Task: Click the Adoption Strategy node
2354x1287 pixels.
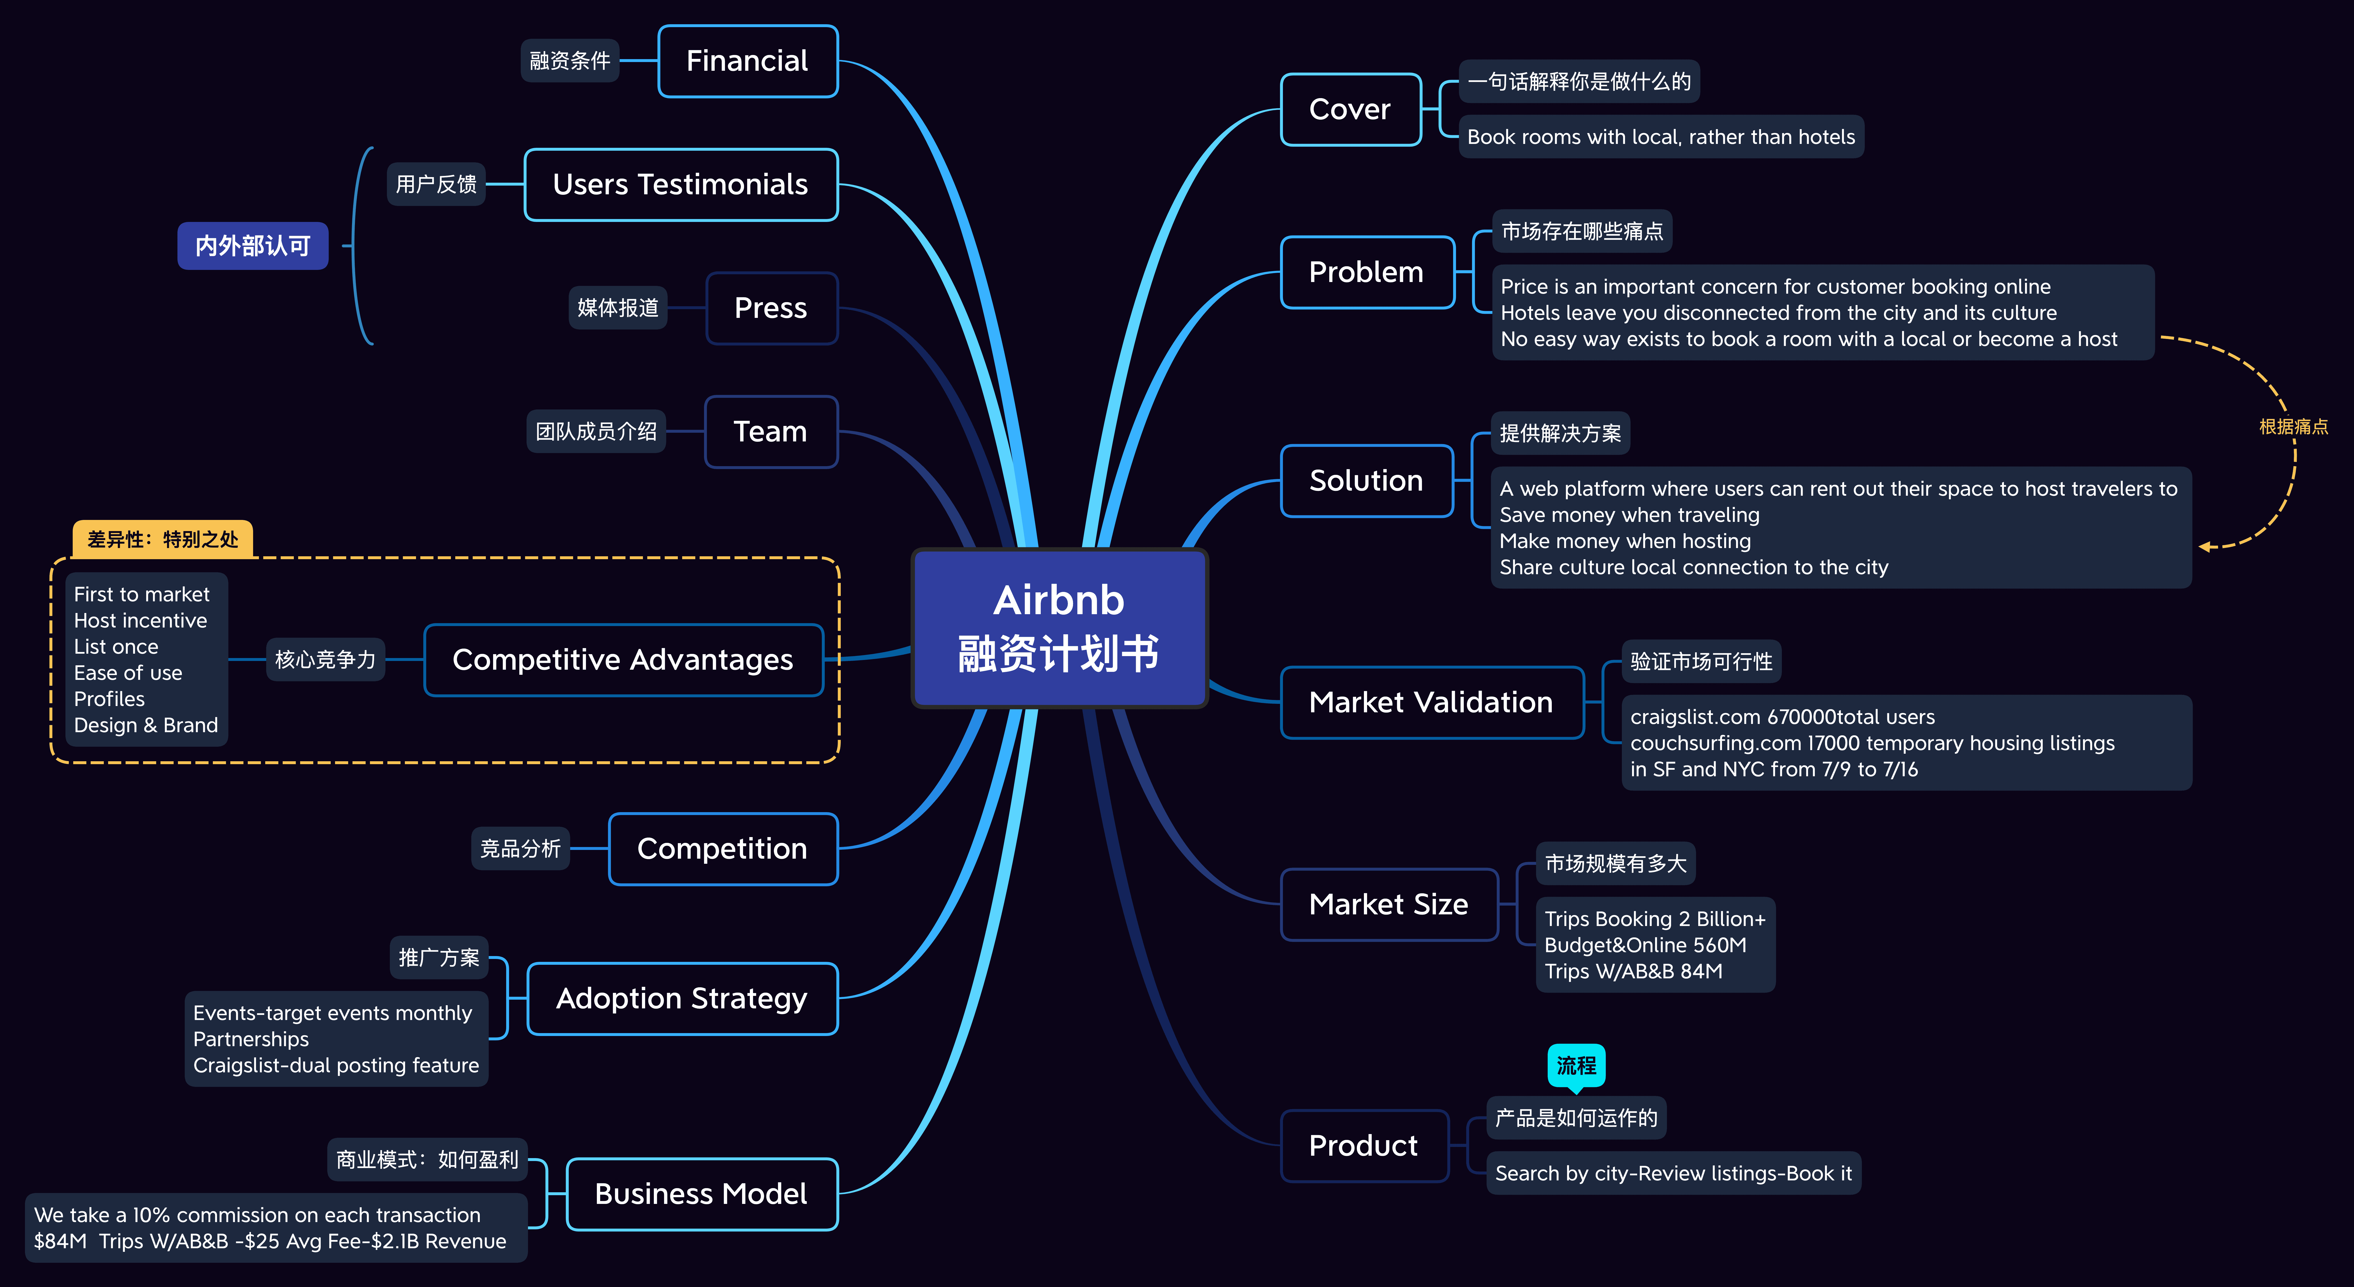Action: pyautogui.click(x=682, y=998)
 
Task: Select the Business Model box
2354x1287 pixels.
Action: pyautogui.click(x=701, y=1194)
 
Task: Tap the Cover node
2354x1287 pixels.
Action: pyautogui.click(x=1350, y=110)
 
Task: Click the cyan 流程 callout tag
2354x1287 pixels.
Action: pyautogui.click(x=1575, y=1065)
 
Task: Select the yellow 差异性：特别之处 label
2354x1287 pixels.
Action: pyautogui.click(x=163, y=539)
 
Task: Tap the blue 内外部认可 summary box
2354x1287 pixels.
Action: pyautogui.click(x=252, y=246)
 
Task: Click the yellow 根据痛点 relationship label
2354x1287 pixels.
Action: pyautogui.click(x=2293, y=427)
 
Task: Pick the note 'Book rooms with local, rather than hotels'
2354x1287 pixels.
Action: pyautogui.click(x=1660, y=137)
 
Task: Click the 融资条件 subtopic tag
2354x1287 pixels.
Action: pyautogui.click(x=569, y=61)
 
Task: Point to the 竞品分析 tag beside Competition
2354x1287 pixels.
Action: pyautogui.click(x=520, y=848)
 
